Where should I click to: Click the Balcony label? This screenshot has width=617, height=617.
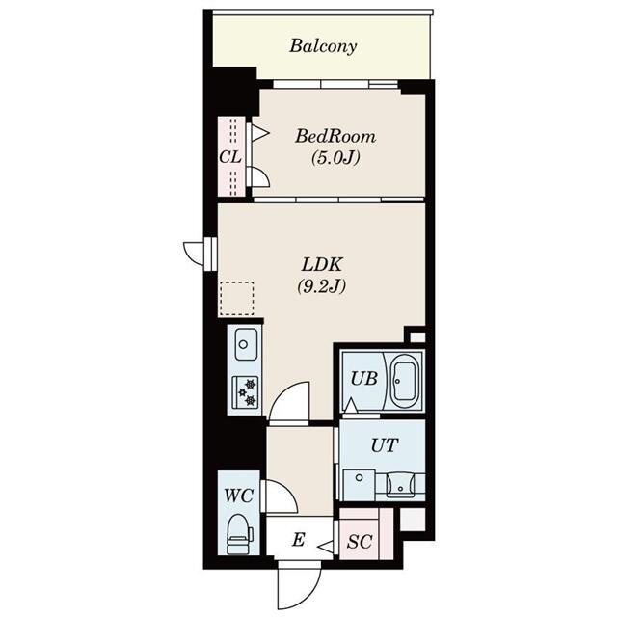click(x=323, y=45)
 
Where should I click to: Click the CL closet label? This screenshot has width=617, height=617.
click(x=228, y=156)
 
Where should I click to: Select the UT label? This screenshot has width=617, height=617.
click(x=382, y=446)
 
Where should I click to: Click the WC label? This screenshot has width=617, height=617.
click(x=237, y=497)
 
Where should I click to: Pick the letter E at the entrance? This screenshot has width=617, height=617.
click(x=298, y=541)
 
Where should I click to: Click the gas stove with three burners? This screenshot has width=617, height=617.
click(x=245, y=390)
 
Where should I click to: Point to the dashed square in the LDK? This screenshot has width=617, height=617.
click(x=236, y=299)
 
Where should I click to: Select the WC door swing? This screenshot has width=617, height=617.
click(x=279, y=496)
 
